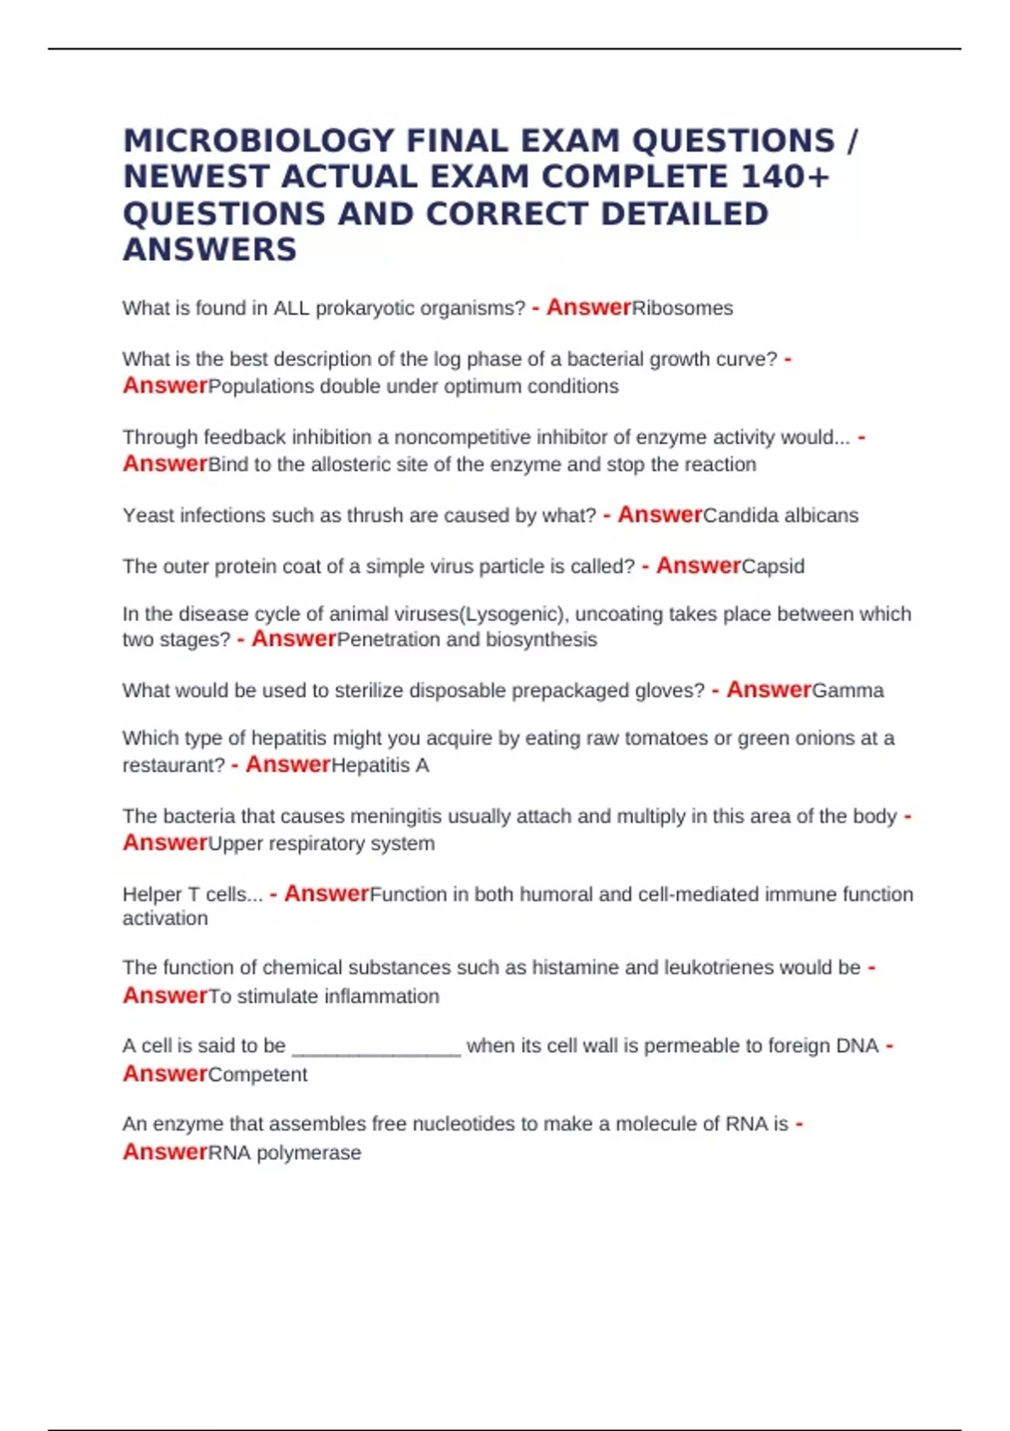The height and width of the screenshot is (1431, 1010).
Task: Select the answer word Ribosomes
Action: click(x=683, y=308)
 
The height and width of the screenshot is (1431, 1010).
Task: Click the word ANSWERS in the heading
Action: click(x=210, y=250)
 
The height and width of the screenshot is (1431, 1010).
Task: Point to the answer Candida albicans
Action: click(x=780, y=515)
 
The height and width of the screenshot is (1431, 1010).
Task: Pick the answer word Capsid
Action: click(x=773, y=567)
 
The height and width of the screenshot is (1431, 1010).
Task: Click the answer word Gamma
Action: click(x=848, y=690)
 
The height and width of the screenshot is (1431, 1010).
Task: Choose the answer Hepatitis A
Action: click(x=380, y=765)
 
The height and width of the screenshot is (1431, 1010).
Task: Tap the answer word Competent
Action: click(x=258, y=1075)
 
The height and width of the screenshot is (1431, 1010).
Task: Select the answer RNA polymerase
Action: click(x=284, y=1153)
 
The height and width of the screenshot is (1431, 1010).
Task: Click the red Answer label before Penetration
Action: click(x=294, y=639)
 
